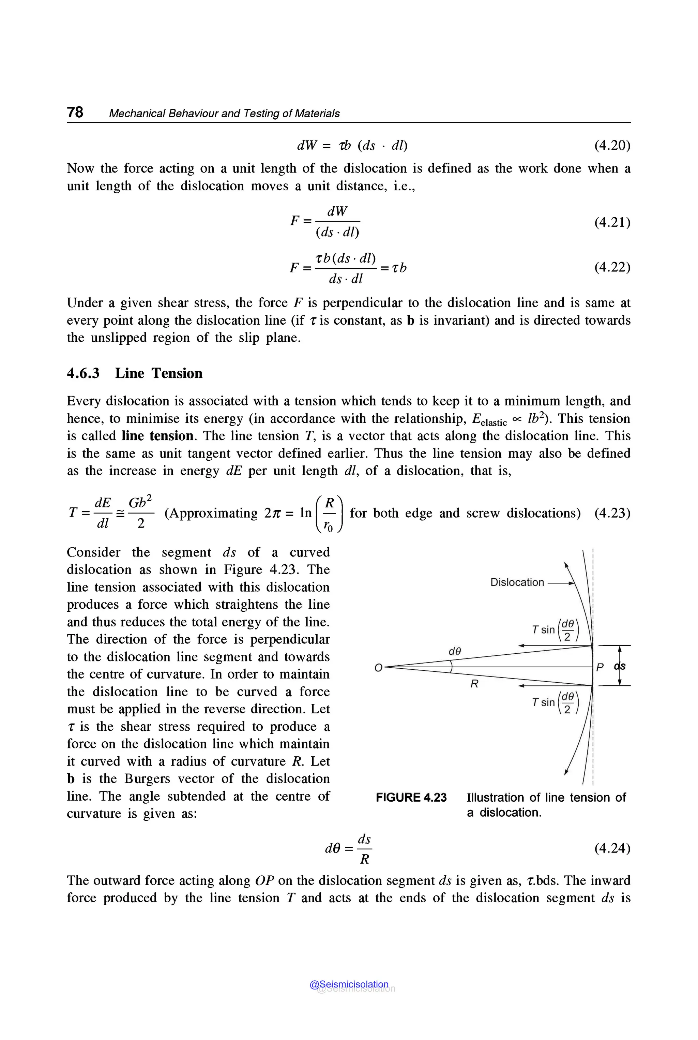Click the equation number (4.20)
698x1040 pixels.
click(x=612, y=146)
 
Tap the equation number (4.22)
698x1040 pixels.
click(x=612, y=267)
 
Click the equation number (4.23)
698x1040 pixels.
click(x=612, y=513)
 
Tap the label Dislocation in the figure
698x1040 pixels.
click(x=517, y=582)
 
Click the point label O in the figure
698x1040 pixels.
click(x=378, y=668)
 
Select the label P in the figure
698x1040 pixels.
click(x=600, y=667)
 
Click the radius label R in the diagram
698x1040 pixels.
click(x=474, y=684)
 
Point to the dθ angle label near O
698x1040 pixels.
click(x=455, y=651)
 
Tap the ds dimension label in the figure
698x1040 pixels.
click(x=620, y=666)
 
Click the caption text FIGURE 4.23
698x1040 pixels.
click(x=411, y=797)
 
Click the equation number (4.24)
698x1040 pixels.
click(x=612, y=848)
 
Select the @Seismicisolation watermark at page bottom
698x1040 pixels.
click(x=349, y=984)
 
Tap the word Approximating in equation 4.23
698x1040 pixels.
click(x=211, y=513)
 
